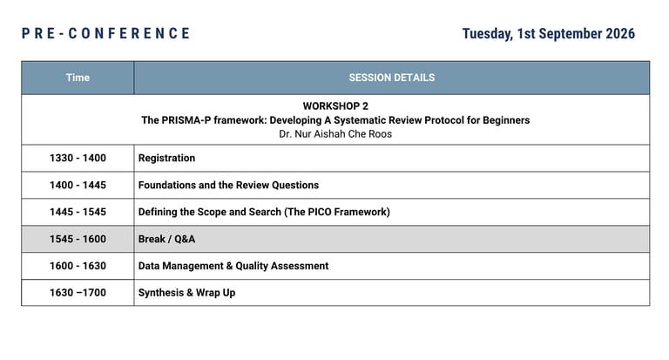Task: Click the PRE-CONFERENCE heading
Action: [105, 33]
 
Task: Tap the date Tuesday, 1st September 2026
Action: [548, 34]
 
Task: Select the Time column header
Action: [78, 78]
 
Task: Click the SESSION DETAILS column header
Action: [392, 78]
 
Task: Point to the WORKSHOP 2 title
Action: [335, 105]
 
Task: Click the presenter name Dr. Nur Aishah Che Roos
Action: [335, 134]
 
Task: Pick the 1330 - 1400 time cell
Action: [78, 158]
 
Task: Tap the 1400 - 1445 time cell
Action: [78, 185]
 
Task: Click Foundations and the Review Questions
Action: [228, 185]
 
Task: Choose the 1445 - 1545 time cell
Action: [78, 212]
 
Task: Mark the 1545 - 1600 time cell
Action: [78, 239]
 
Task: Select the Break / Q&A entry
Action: [166, 239]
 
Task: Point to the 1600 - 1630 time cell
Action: [78, 266]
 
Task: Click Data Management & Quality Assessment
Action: [233, 266]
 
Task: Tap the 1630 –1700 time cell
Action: [78, 293]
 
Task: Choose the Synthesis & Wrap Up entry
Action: [187, 293]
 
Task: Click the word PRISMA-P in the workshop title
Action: [186, 120]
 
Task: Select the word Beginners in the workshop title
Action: [506, 120]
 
